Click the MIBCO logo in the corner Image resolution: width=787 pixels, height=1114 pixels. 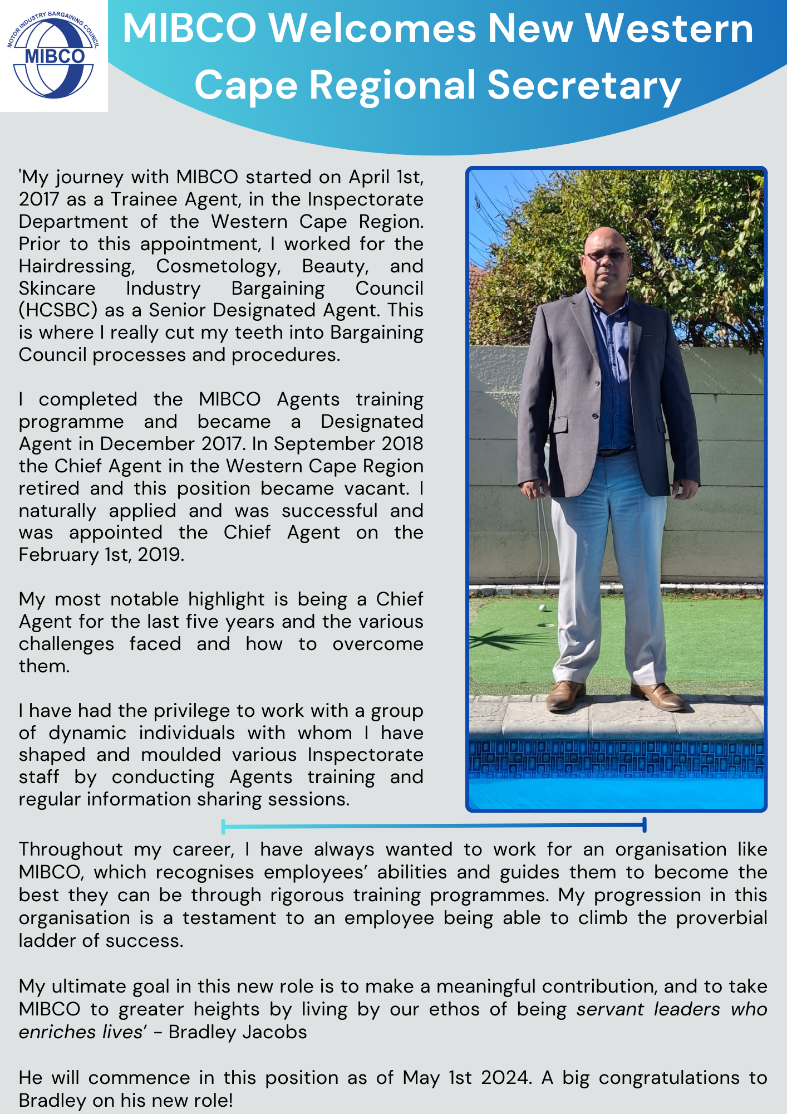(x=53, y=56)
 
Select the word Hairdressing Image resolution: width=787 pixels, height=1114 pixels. (x=77, y=266)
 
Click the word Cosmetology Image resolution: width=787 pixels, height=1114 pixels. (x=219, y=266)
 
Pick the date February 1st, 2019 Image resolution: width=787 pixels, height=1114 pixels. (x=101, y=555)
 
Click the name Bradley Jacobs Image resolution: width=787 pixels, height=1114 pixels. (x=238, y=1032)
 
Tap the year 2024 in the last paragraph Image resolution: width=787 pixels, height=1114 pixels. (x=505, y=1078)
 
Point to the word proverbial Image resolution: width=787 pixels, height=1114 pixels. (x=721, y=918)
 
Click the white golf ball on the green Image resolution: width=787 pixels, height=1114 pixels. (x=542, y=608)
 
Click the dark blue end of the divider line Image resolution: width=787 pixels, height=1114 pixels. (x=644, y=825)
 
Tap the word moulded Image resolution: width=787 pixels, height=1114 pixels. (x=181, y=755)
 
